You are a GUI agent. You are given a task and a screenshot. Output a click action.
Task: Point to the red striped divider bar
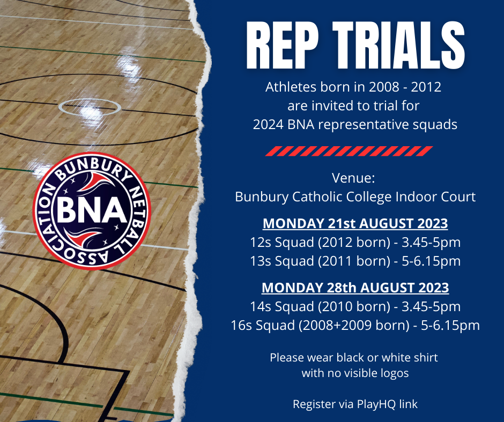click(349, 151)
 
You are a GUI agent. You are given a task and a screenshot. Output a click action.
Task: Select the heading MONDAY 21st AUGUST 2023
click(355, 223)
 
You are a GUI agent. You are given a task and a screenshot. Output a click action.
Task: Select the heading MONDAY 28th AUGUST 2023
click(355, 288)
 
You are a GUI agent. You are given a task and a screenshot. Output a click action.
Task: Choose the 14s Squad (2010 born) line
click(355, 306)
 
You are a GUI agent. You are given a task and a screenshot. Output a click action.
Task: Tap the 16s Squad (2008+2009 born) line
click(355, 325)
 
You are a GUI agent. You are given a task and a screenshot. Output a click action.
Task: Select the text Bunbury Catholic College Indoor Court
click(355, 197)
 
